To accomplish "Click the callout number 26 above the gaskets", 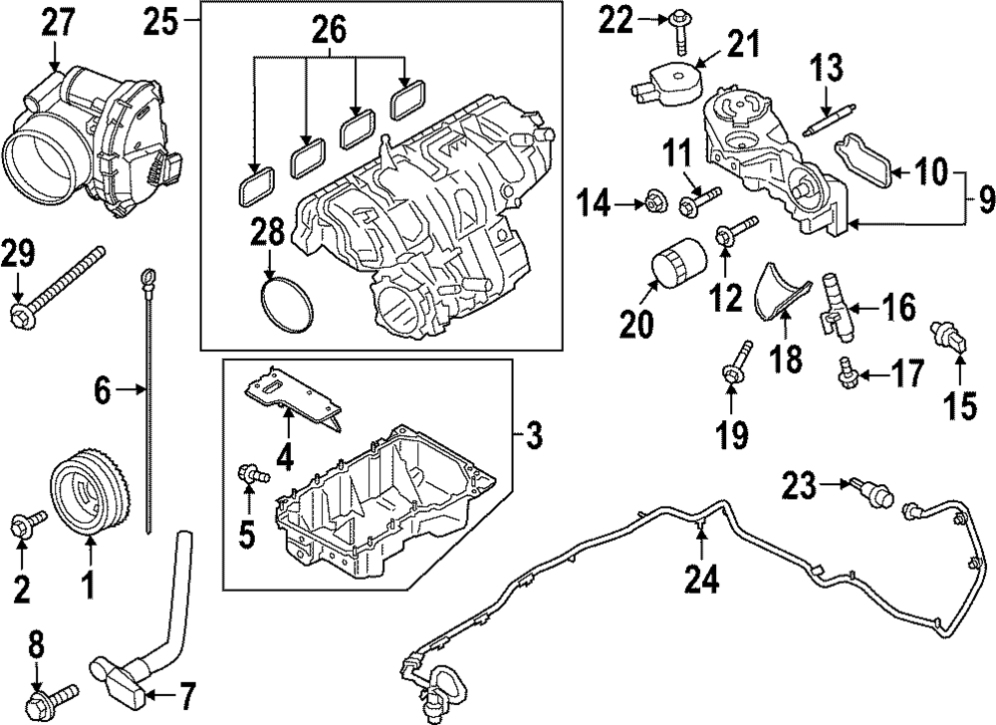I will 331,32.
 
